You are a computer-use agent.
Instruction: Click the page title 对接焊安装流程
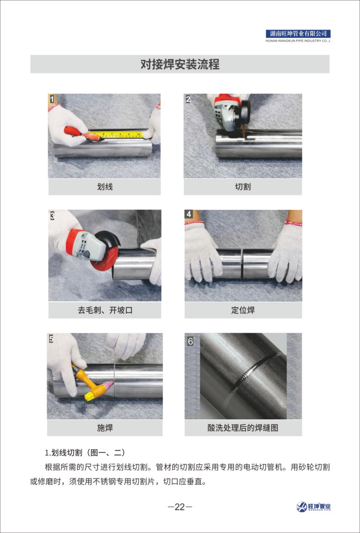pos(180,64)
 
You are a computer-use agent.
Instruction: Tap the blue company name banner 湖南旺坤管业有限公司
pos(298,34)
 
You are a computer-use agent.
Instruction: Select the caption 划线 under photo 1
pos(105,187)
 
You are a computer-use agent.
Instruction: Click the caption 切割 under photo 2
pos(243,187)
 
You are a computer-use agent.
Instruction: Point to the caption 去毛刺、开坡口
pos(105,310)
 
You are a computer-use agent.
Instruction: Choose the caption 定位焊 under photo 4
pos(243,310)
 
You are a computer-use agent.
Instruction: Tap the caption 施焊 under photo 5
pos(105,428)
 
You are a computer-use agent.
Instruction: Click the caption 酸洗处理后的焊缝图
pos(243,428)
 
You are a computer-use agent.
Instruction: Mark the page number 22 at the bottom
pos(180,507)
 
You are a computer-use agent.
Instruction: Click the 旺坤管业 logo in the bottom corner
pos(314,507)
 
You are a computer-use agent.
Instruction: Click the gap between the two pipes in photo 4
pos(242,264)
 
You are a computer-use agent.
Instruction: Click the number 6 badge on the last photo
pos(191,341)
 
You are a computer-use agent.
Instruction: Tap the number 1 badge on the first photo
pos(52,99)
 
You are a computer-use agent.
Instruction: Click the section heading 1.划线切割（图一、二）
pos(85,453)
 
